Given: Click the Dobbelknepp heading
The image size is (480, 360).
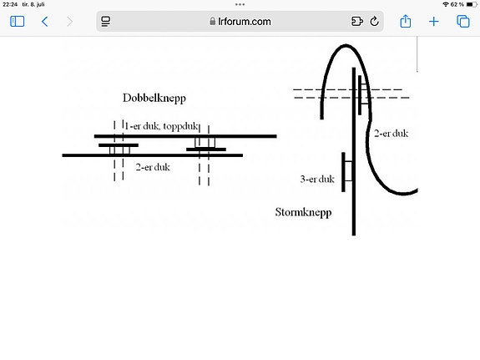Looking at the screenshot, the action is pyautogui.click(x=154, y=99).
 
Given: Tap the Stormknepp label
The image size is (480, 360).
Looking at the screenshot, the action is pyautogui.click(x=303, y=212).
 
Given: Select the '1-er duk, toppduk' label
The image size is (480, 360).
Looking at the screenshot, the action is pyautogui.click(x=161, y=126).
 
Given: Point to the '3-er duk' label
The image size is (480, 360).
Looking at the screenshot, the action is pyautogui.click(x=317, y=179).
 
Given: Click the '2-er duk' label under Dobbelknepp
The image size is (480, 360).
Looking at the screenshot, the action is pyautogui.click(x=153, y=167).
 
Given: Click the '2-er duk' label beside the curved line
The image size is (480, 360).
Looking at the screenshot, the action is pyautogui.click(x=392, y=134).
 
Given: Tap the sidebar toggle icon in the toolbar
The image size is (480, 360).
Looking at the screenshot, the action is pyautogui.click(x=18, y=22).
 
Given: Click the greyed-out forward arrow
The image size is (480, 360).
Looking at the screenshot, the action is pyautogui.click(x=70, y=22).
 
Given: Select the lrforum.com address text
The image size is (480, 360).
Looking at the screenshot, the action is pyautogui.click(x=245, y=22).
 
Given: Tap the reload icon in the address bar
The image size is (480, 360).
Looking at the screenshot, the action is pyautogui.click(x=374, y=21).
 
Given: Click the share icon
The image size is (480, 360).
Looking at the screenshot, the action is pyautogui.click(x=406, y=21).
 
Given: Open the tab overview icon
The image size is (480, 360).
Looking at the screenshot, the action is pyautogui.click(x=462, y=22).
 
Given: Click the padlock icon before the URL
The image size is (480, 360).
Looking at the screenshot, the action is pyautogui.click(x=212, y=21).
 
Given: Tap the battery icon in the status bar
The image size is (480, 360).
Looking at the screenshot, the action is pyautogui.click(x=472, y=4).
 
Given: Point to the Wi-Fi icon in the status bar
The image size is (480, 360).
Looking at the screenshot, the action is pyautogui.click(x=446, y=4).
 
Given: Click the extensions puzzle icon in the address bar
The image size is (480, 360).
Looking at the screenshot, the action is pyautogui.click(x=357, y=21).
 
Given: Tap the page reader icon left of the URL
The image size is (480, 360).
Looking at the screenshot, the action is pyautogui.click(x=106, y=22).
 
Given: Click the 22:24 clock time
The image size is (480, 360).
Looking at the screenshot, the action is pyautogui.click(x=10, y=4).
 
